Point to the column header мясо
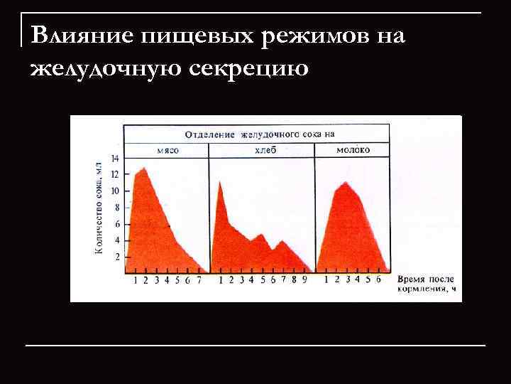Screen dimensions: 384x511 point(167,151)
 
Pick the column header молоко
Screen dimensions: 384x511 point(352,151)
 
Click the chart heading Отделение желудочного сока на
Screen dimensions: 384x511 point(259,134)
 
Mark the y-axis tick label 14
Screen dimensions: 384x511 point(116,158)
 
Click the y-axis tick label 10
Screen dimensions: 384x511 point(116,191)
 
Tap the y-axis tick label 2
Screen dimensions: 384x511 point(118,257)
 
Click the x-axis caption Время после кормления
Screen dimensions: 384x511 point(426,284)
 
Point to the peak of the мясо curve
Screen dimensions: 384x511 point(145,168)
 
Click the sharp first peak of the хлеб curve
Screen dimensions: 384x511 point(221,181)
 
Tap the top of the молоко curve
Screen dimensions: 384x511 point(345,182)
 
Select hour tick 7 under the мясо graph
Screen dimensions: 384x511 point(199,280)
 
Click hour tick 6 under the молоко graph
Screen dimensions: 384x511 point(378,280)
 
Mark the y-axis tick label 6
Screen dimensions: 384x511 point(118,224)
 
